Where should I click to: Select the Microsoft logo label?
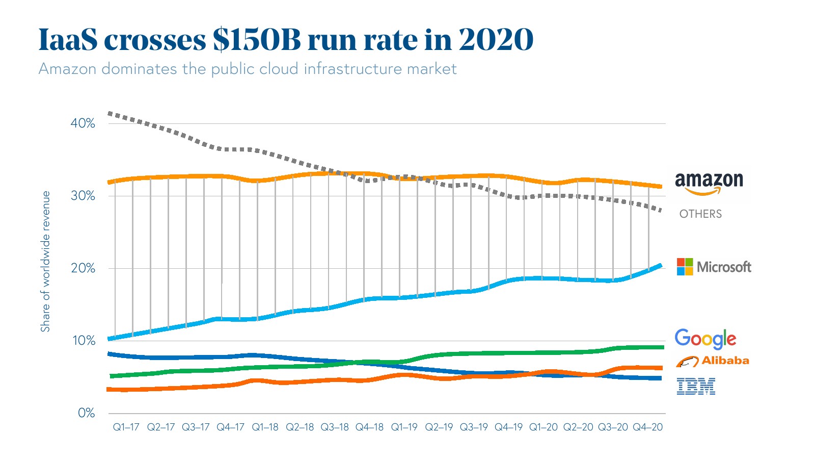714,267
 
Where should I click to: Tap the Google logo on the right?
705,339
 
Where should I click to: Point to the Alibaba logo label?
712,361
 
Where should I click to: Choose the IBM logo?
696,387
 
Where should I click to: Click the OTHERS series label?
700,214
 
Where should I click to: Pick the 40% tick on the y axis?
83,123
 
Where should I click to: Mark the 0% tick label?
86,413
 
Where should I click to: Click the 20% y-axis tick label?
83,268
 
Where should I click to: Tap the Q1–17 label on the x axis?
126,427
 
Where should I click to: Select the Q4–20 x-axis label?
647,427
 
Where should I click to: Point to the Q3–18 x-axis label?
335,427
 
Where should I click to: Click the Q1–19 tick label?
404,427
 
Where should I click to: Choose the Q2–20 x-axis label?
578,427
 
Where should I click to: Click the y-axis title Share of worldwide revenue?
45,261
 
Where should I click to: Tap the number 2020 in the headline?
496,39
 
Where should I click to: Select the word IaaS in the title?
68,39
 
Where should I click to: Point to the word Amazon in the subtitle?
67,69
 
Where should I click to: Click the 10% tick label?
83,341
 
